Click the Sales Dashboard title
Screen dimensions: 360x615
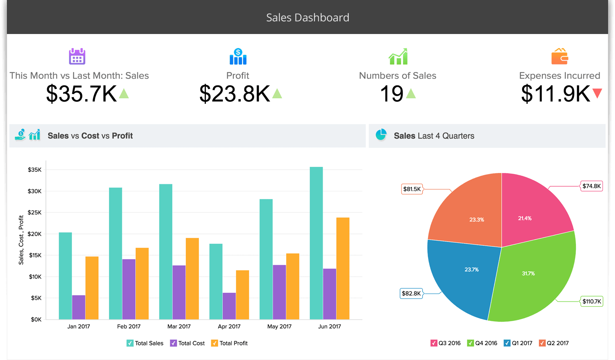point(307,17)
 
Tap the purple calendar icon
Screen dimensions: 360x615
point(77,56)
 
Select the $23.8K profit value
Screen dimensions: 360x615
point(234,94)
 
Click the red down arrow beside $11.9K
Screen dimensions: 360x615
point(597,93)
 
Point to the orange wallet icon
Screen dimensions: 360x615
point(559,56)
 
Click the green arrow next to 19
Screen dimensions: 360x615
point(411,94)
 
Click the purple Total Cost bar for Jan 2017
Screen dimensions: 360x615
point(79,307)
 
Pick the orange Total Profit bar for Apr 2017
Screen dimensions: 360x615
point(242,295)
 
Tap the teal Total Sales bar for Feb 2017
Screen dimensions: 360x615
point(115,253)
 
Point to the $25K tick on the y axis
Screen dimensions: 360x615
point(35,212)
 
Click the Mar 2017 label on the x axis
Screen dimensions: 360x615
point(179,326)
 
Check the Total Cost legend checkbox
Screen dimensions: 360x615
point(174,343)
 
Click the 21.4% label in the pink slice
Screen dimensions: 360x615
point(525,218)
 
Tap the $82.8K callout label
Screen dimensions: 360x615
point(411,293)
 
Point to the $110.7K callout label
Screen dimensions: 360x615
point(591,301)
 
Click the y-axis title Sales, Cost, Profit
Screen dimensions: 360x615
point(21,240)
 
